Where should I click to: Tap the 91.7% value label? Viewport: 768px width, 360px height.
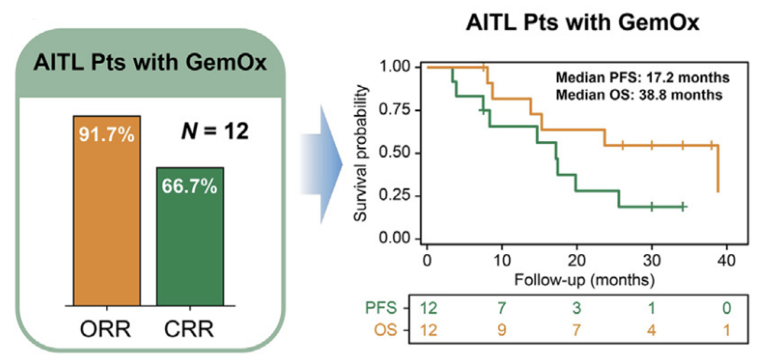click(107, 133)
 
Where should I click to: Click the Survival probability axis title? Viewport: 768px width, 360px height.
click(363, 153)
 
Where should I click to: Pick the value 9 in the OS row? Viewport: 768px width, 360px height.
click(501, 330)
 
